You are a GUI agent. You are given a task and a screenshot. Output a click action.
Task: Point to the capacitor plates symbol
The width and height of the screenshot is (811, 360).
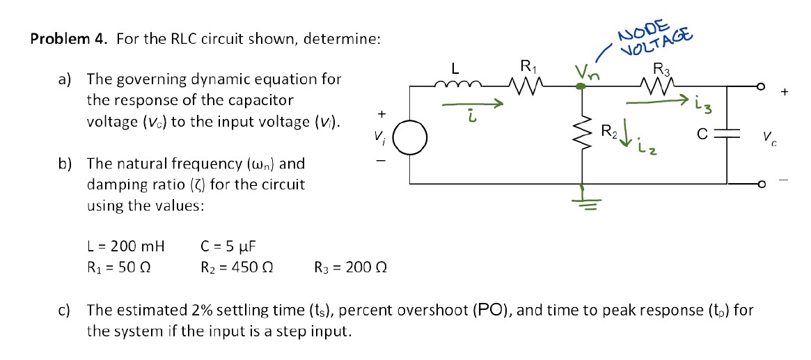click(728, 134)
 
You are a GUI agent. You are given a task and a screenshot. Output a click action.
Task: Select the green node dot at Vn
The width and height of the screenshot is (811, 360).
click(581, 86)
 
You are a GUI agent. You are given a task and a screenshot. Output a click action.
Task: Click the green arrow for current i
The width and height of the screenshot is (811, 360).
click(473, 106)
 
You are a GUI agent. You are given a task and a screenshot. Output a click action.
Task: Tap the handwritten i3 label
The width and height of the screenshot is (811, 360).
click(702, 106)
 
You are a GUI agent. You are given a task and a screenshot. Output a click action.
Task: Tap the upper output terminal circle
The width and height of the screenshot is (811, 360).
click(761, 86)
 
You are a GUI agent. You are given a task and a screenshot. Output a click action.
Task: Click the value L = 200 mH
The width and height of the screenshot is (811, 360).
click(126, 246)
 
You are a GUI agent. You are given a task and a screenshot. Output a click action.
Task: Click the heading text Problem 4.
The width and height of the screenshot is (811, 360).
click(69, 39)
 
